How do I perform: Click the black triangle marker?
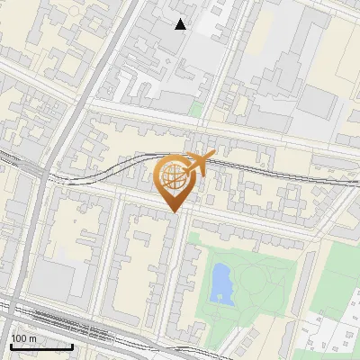pyautogui.click(x=181, y=24)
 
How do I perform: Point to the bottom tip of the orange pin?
pyautogui.click(x=172, y=211)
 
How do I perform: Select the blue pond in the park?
pyautogui.click(x=220, y=283)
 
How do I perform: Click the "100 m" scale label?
pyautogui.click(x=24, y=338)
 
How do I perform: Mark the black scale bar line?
pyautogui.click(x=41, y=346)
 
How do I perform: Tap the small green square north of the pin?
pyautogui.click(x=196, y=111)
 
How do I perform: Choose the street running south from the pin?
pyautogui.click(x=181, y=270)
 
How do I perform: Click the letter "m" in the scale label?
pyautogui.click(x=34, y=338)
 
